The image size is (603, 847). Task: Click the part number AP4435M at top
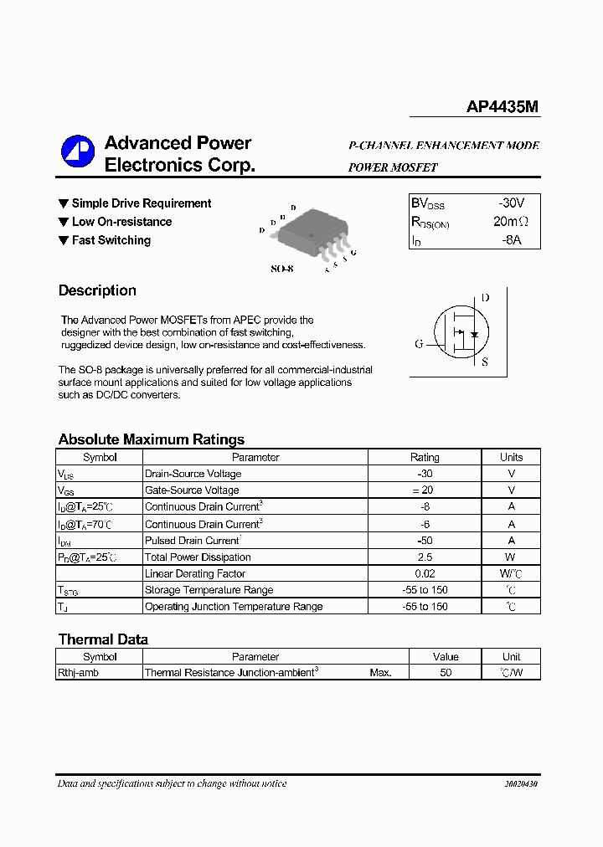pyautogui.click(x=502, y=107)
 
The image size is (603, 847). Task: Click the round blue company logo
pyautogui.click(x=78, y=151)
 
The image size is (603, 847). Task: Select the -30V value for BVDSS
pyautogui.click(x=511, y=203)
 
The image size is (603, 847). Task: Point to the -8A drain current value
pyautogui.click(x=511, y=240)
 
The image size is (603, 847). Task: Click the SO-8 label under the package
pyautogui.click(x=282, y=269)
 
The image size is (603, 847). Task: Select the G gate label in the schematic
pyautogui.click(x=419, y=344)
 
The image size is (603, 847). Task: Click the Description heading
pyautogui.click(x=97, y=290)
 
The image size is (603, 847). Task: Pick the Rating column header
pyautogui.click(x=425, y=457)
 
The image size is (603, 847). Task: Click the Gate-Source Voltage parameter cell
pyautogui.click(x=192, y=490)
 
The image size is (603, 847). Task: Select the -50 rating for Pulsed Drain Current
pyautogui.click(x=425, y=541)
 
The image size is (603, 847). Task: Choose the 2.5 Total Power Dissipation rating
pyautogui.click(x=425, y=557)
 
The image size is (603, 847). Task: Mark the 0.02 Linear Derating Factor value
pyautogui.click(x=425, y=574)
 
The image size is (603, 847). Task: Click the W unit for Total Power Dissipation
pyautogui.click(x=511, y=557)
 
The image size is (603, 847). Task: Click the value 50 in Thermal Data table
pyautogui.click(x=446, y=672)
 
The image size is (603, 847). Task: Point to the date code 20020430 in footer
pyautogui.click(x=521, y=784)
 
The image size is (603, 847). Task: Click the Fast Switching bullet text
pyautogui.click(x=111, y=240)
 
